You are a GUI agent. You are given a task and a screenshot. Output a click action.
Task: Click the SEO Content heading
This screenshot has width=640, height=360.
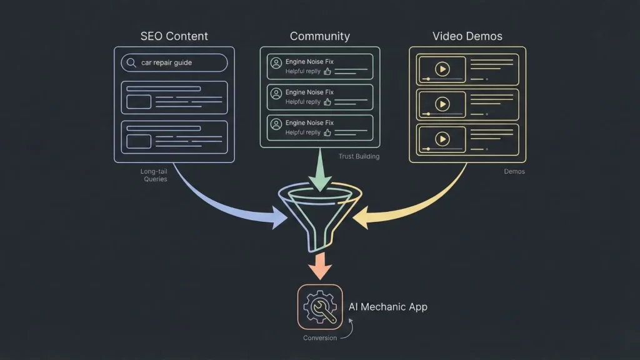pos(174,36)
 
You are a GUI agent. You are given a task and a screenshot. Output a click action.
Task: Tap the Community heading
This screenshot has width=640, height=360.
pos(319,36)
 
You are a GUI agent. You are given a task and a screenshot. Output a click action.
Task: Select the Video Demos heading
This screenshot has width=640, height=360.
pos(467,36)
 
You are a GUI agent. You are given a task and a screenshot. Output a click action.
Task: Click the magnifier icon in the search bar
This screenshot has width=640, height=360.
pos(131,62)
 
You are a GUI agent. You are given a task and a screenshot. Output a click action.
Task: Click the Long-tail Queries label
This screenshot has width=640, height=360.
pos(154,175)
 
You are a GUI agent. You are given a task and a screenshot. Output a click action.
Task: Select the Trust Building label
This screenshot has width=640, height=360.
pos(359,156)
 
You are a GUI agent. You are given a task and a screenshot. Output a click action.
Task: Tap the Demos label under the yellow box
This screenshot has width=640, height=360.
pos(514,171)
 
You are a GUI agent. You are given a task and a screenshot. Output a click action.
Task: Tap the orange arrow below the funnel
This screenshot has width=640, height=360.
pos(320,266)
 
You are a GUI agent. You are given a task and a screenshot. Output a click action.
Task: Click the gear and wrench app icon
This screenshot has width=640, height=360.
pos(320,307)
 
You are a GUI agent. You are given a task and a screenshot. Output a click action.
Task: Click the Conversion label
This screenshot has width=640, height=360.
pos(320,338)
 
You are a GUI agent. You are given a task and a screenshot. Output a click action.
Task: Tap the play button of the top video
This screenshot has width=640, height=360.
pos(443,69)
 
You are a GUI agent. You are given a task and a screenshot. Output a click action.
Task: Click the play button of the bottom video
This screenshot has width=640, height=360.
pos(443,139)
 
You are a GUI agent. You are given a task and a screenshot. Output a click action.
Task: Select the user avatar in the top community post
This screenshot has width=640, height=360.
pos(276,62)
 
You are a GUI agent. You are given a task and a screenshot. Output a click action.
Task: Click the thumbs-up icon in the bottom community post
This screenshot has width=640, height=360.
pos(327,132)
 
